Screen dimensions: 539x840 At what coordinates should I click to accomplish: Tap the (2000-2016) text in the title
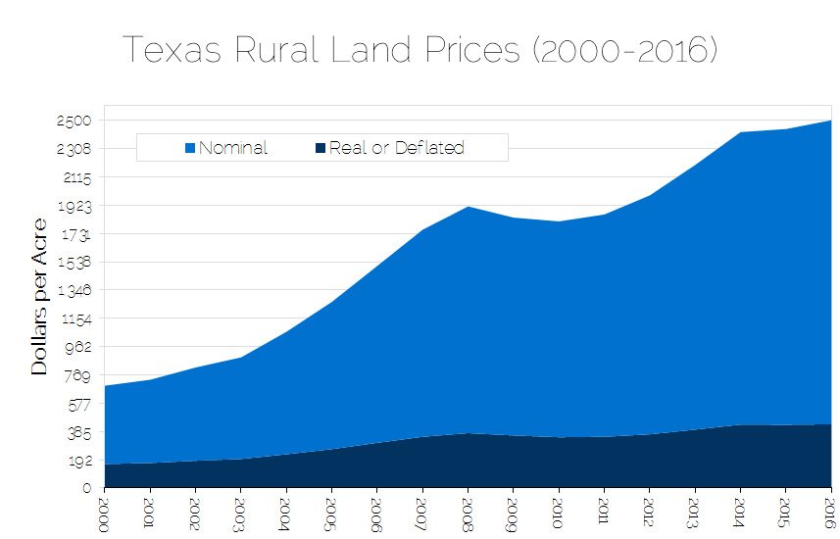(x=626, y=50)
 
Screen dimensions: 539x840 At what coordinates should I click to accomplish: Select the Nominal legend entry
(x=232, y=148)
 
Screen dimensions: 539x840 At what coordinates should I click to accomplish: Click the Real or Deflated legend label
(x=396, y=148)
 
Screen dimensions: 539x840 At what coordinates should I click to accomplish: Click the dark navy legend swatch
(x=321, y=149)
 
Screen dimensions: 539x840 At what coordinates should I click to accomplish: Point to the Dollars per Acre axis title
(x=39, y=296)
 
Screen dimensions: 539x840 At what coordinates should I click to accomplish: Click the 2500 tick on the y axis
(x=74, y=121)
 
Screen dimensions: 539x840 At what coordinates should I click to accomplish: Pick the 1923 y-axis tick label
(x=74, y=206)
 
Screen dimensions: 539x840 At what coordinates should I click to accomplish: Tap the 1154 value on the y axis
(x=74, y=318)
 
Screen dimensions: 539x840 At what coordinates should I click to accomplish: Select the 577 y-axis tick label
(x=76, y=404)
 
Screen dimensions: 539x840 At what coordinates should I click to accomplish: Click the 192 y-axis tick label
(x=77, y=460)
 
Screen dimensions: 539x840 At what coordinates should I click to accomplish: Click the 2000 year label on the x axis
(x=104, y=513)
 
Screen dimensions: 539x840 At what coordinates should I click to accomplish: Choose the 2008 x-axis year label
(x=468, y=513)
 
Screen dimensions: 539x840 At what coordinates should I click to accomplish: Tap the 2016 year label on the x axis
(x=830, y=513)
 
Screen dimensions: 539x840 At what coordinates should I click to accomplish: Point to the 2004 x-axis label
(x=286, y=513)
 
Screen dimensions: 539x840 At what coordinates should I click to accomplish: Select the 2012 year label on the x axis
(x=649, y=513)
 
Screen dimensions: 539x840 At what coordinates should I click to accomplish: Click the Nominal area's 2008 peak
(x=468, y=207)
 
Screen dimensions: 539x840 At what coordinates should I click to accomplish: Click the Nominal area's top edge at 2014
(x=740, y=132)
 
